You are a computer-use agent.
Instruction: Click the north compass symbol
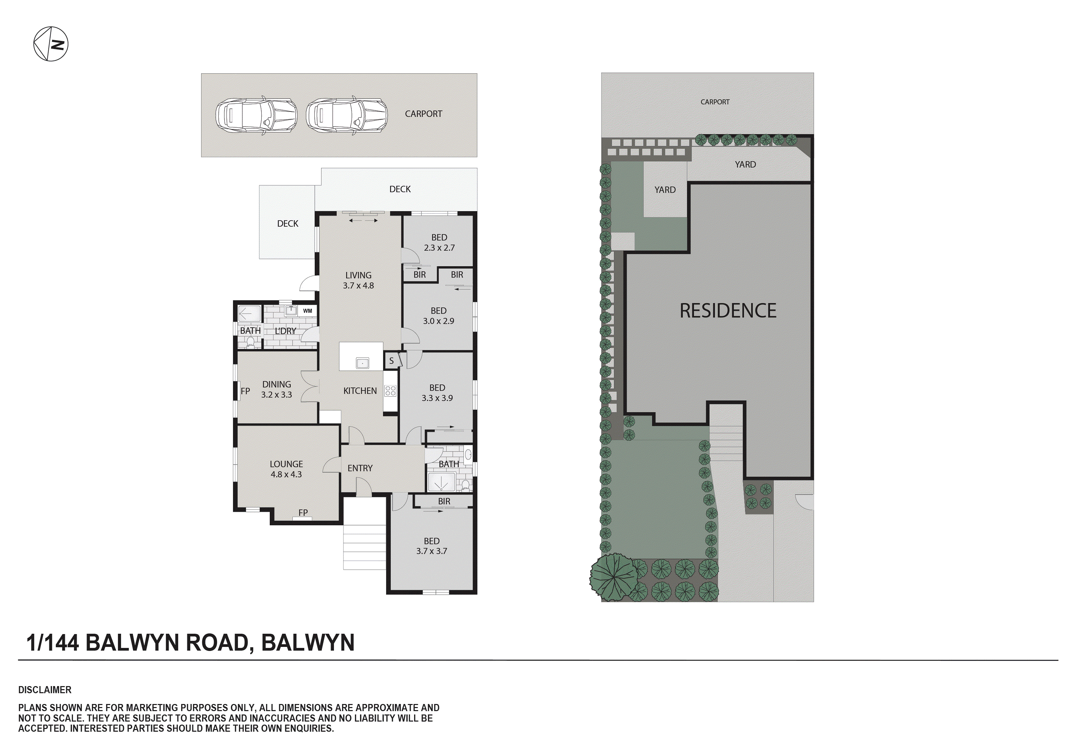tap(51, 44)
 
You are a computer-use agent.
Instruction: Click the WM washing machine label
tap(307, 311)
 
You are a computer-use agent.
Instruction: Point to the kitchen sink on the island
tap(362, 363)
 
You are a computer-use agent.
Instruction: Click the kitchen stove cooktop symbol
tap(390, 391)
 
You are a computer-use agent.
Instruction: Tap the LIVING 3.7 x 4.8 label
tap(358, 280)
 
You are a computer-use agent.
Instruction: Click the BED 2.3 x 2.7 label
tap(439, 243)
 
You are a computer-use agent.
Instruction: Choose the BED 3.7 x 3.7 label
tap(432, 546)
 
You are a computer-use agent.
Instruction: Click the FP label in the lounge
tap(303, 512)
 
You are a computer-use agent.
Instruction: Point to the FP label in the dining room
tap(245, 391)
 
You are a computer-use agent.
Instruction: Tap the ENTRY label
tap(360, 468)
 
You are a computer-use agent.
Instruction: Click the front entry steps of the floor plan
tap(364, 547)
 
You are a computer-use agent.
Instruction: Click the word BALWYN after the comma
tap(308, 643)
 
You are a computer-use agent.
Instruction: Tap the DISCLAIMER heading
tap(45, 690)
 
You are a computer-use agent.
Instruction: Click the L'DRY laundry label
tap(285, 331)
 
